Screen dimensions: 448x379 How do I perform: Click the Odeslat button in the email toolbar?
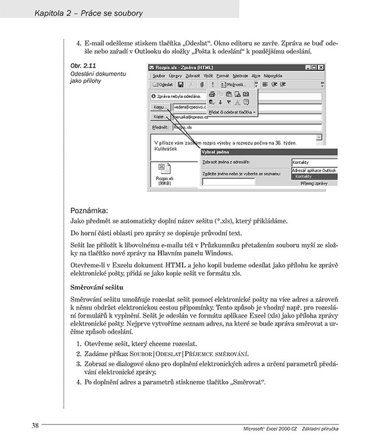pos(164,85)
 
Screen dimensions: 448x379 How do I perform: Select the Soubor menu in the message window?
pos(159,75)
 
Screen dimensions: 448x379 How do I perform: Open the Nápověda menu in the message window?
pos(274,75)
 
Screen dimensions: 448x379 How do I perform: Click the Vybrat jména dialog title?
pos(218,152)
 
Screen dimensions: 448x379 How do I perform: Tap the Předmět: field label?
pos(160,127)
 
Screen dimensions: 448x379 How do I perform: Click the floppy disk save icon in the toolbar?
pos(181,85)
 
